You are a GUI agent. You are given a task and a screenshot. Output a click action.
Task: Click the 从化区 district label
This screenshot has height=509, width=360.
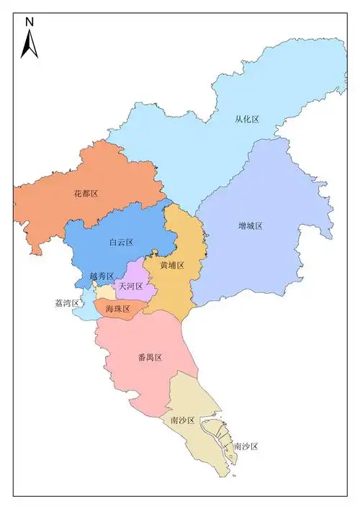246,120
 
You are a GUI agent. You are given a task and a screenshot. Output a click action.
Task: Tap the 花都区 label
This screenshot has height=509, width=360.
86,194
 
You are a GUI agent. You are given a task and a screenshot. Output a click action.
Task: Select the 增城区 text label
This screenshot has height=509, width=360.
250,225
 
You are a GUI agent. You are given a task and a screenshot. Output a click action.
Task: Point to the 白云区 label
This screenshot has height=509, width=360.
121,243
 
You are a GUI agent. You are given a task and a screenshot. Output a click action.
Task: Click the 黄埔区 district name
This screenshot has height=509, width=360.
172,265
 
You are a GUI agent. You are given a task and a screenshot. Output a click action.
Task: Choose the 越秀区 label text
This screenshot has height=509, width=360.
102,276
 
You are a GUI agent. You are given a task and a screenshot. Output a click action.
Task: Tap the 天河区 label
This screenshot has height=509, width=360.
130,287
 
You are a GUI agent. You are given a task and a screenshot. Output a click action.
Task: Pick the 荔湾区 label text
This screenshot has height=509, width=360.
67,303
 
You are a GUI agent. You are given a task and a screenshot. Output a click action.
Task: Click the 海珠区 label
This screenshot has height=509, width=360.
117,309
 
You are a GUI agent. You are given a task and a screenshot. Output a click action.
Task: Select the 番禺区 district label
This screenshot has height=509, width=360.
150,357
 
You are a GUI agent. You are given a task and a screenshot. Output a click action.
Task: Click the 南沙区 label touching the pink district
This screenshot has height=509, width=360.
183,420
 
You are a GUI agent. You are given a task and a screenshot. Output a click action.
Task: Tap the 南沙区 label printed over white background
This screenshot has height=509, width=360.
246,446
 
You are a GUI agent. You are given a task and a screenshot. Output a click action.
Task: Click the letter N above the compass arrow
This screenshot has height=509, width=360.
30,22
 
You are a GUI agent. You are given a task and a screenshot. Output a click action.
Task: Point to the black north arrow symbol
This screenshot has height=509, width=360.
29,45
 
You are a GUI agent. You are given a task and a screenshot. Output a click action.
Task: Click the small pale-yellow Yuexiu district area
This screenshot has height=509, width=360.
106,292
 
